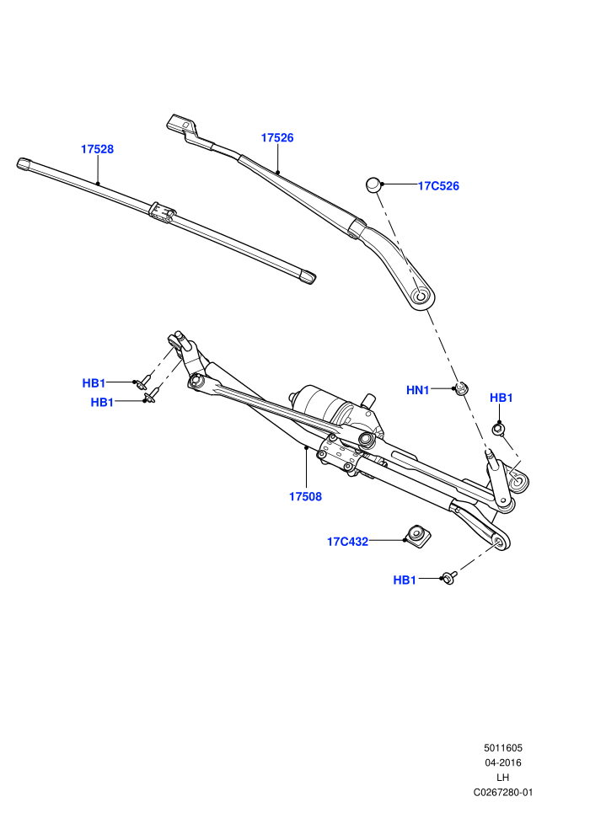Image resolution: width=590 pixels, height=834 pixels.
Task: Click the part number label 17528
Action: click(x=98, y=149)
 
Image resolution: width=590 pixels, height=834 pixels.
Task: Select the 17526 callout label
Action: click(x=277, y=138)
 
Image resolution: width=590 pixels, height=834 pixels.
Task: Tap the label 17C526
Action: click(x=438, y=186)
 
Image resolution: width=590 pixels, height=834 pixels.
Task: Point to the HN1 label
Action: click(x=417, y=390)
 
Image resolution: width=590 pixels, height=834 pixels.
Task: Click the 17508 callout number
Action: click(x=305, y=497)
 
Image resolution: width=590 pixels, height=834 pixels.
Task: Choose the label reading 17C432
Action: click(x=347, y=542)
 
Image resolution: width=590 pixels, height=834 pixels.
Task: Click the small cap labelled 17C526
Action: click(x=373, y=184)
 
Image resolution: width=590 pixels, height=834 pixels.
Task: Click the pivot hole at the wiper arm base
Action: click(x=422, y=296)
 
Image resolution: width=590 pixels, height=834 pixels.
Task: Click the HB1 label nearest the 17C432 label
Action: click(x=405, y=580)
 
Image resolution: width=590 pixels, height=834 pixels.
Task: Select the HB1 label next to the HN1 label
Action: click(x=501, y=398)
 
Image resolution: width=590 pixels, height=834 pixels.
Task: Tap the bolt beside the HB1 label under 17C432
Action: click(x=449, y=578)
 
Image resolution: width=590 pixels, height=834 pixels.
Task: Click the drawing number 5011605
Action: click(x=503, y=748)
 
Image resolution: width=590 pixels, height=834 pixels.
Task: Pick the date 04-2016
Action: click(x=503, y=762)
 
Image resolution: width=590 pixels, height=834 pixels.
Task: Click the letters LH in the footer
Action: click(x=502, y=778)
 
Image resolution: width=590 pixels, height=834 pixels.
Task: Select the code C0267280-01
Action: click(x=503, y=793)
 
